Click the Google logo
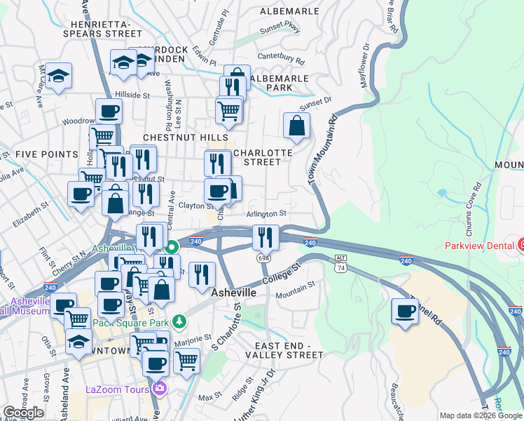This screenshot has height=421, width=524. click(x=23, y=413)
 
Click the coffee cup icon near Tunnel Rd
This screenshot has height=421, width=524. click(x=404, y=312)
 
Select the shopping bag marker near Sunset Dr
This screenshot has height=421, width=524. click(x=297, y=126)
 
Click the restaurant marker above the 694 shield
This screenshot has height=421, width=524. click(x=266, y=237)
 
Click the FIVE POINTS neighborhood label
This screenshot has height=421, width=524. click(x=46, y=154)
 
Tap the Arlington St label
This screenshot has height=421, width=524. click(x=266, y=213)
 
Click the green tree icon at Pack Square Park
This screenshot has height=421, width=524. click(x=180, y=321)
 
